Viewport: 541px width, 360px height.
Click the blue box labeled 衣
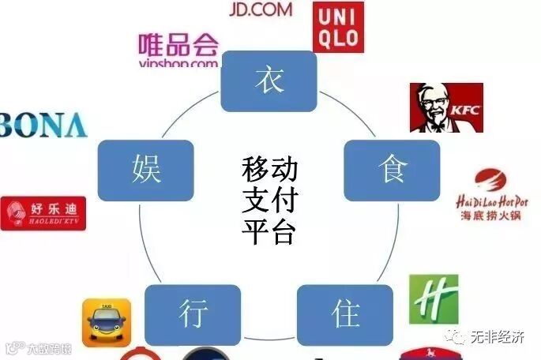[x=269, y=81]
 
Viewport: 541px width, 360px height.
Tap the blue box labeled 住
[x=344, y=313]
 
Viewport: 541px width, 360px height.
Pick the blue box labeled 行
[x=193, y=313]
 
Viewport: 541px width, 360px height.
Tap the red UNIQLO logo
[x=337, y=28]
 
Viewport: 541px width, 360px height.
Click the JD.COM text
[x=261, y=9]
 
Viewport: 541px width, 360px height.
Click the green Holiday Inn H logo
[x=434, y=301]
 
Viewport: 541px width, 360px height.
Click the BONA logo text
[x=43, y=125]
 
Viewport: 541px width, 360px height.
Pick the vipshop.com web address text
[x=178, y=63]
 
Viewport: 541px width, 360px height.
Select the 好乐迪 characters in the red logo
[x=53, y=209]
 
